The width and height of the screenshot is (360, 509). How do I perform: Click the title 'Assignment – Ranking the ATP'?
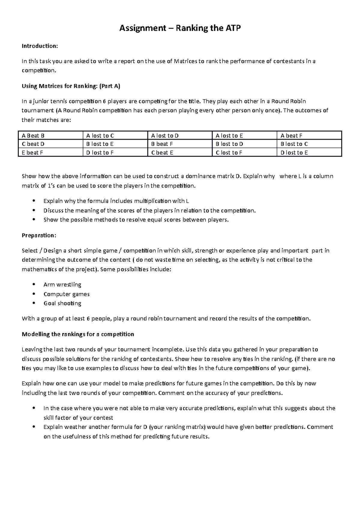180,28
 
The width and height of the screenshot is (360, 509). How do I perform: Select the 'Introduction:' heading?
39,46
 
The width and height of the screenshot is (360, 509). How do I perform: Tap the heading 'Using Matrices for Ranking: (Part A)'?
71,86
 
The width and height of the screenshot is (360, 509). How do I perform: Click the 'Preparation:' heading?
39,235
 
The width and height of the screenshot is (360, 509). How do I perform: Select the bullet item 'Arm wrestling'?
62,284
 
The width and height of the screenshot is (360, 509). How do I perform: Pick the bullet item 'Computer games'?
67,294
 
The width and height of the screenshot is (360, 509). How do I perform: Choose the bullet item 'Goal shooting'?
62,303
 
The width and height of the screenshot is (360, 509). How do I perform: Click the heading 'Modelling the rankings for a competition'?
78,334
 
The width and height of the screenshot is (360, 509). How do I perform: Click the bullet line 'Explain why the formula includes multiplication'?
116,201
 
